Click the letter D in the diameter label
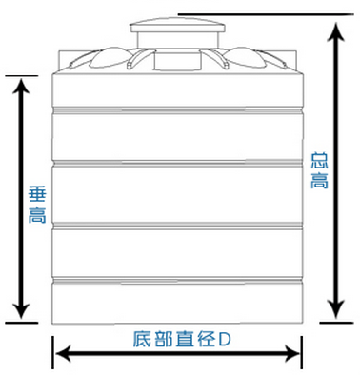pos(225,338)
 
